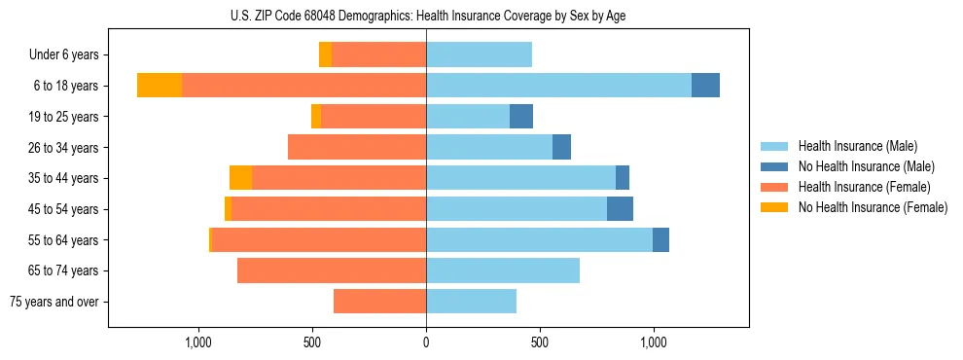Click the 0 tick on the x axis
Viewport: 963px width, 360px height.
click(426, 342)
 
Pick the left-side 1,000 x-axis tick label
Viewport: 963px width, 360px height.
click(198, 342)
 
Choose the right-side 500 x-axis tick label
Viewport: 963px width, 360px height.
click(540, 342)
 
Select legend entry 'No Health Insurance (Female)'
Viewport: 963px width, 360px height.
click(873, 207)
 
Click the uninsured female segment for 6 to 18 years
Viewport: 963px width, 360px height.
click(160, 86)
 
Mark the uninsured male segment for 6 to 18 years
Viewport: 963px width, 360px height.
click(705, 86)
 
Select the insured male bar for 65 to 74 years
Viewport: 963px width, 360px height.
click(503, 270)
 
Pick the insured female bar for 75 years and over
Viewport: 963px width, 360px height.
click(379, 302)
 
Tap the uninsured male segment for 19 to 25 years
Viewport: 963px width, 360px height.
click(521, 117)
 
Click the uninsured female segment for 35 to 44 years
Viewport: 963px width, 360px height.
click(240, 178)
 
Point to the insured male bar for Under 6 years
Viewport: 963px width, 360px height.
click(479, 55)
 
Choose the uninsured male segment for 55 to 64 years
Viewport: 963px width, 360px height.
click(660, 240)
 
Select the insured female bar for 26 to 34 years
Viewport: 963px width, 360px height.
click(357, 148)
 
